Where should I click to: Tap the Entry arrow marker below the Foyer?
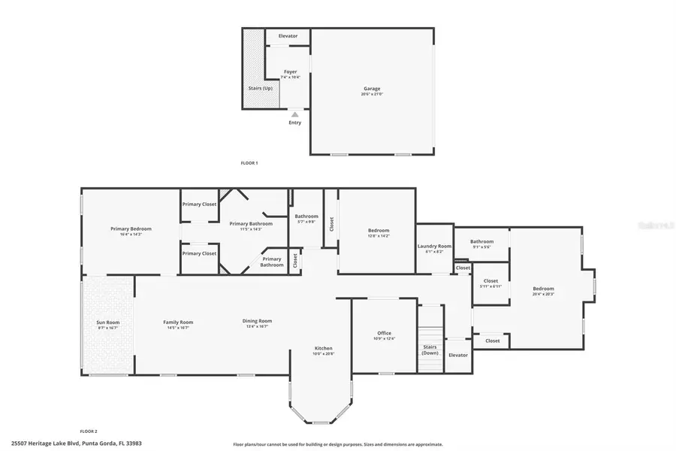pos(295,115)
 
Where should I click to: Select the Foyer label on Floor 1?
pos(290,72)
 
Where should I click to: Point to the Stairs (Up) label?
pos(260,88)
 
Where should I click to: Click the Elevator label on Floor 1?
pos(288,36)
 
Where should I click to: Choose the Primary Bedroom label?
pos(131,229)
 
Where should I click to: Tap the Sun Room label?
pos(108,322)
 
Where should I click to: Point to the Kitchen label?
pos(323,348)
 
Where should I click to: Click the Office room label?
pos(384,333)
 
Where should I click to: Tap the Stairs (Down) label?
pos(430,350)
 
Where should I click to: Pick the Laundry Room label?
pos(434,246)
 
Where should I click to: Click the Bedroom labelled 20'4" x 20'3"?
pos(543,289)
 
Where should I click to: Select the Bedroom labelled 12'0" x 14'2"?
pos(378,230)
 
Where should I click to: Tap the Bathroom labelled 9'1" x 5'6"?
pos(481,241)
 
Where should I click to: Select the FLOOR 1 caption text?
pos(249,162)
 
